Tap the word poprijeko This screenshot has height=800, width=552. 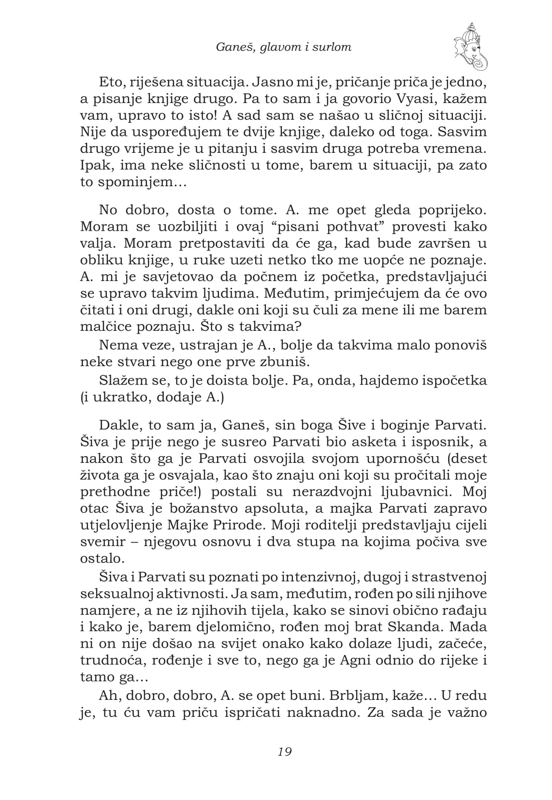[451, 210]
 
